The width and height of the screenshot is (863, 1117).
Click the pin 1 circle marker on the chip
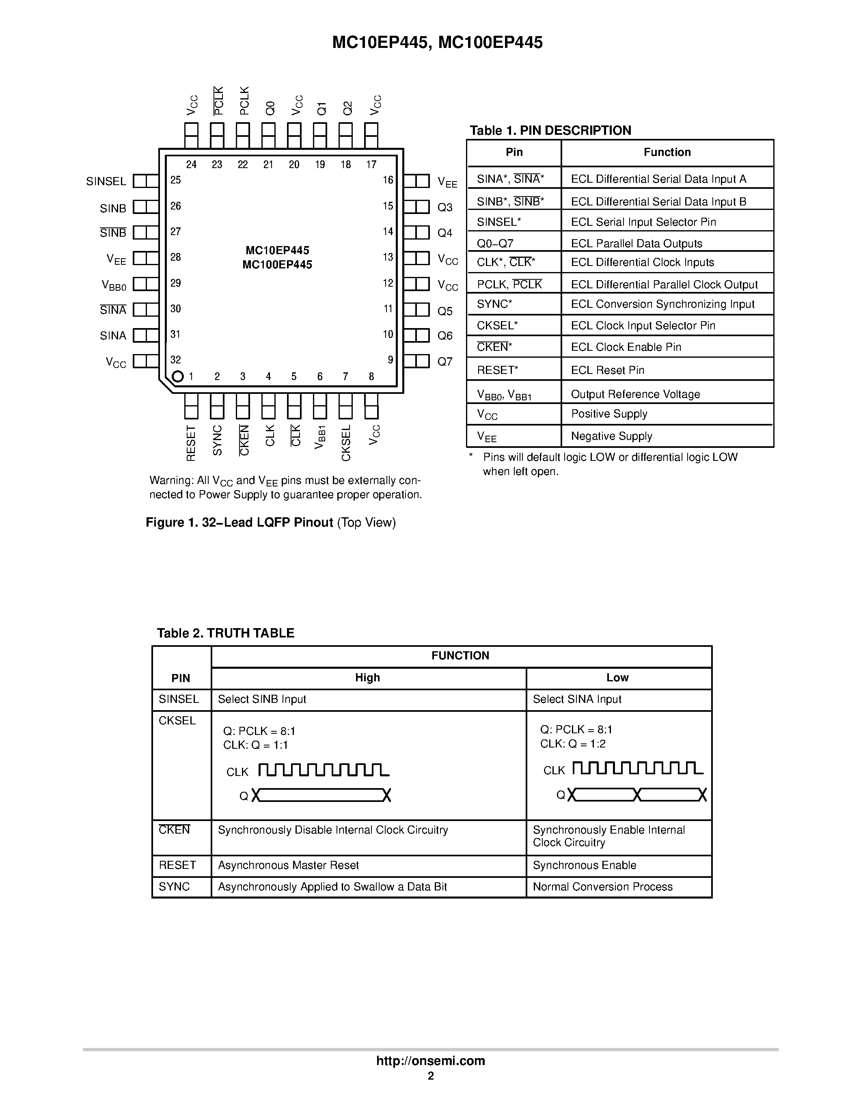pos(177,376)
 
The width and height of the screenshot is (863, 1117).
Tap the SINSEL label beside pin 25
pos(106,181)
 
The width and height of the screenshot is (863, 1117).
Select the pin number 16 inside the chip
pos(388,180)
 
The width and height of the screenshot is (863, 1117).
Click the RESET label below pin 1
pos(191,443)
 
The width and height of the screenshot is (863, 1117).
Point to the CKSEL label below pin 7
pos(345,443)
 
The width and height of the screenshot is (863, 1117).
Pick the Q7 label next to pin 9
pos(445,362)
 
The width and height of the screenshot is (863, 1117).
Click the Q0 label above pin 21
pos(270,108)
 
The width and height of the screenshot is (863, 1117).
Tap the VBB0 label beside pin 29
pos(114,285)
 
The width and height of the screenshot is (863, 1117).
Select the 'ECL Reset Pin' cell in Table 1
pos(607,370)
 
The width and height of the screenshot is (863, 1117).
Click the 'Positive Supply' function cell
pos(609,414)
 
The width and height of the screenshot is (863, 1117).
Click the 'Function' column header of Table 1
pos(667,152)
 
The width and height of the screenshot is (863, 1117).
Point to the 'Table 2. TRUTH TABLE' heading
pos(225,633)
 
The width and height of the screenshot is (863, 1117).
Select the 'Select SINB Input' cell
pos(262,699)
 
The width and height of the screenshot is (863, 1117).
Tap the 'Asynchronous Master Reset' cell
pos(288,865)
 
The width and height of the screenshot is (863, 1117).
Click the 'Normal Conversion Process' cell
pos(602,887)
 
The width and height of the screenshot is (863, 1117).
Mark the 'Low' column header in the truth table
pos(617,678)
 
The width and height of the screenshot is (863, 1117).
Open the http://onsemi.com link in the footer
pos(430,1061)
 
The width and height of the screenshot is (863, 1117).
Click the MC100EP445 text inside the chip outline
pos(277,265)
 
